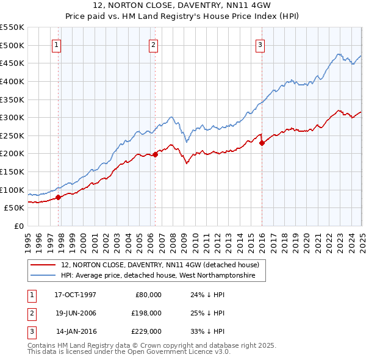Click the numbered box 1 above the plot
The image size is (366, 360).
[x=56, y=44]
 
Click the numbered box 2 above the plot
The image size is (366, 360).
[x=153, y=44]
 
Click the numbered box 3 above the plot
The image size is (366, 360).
[x=260, y=44]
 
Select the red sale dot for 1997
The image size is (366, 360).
[x=59, y=197]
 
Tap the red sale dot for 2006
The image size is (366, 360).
[x=155, y=154]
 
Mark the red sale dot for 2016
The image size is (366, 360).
[x=262, y=143]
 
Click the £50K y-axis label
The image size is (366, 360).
[x=15, y=207]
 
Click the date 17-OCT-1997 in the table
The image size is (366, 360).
[x=75, y=294]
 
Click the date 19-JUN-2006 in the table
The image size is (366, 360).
[x=75, y=313]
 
